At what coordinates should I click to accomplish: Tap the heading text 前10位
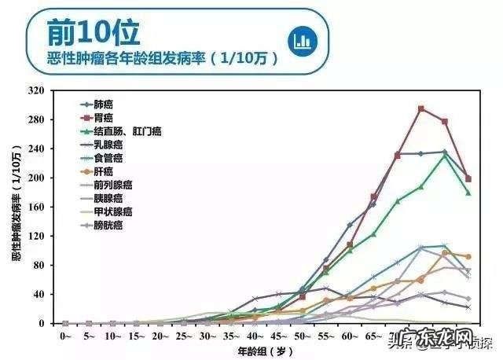92,32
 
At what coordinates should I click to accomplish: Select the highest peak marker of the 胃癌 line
421,108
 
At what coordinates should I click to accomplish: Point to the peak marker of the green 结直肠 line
445,156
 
